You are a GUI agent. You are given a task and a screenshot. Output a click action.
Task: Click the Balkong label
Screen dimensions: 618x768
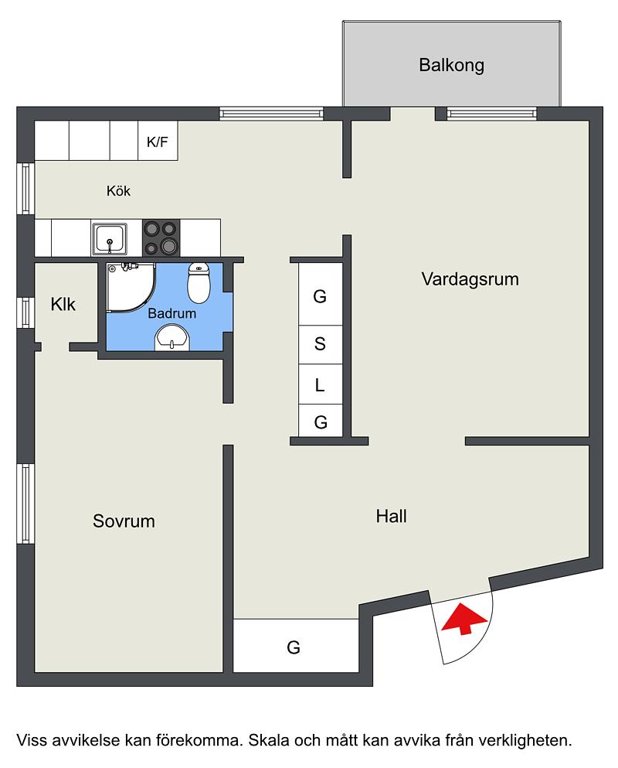(x=451, y=65)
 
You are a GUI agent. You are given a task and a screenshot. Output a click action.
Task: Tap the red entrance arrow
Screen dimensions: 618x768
(x=463, y=619)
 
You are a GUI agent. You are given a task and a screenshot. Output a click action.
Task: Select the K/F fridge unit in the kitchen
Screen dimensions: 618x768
(x=158, y=141)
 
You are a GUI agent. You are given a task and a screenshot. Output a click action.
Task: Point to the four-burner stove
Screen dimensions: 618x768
(x=161, y=237)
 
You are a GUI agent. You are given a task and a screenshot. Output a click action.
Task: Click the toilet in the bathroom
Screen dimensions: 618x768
(x=199, y=282)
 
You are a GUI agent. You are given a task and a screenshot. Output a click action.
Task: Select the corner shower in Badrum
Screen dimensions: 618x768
(x=131, y=287)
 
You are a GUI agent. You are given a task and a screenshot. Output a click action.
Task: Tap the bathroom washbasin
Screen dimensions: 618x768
(x=171, y=338)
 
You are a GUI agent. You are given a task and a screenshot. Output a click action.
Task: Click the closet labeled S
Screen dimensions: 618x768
(x=320, y=344)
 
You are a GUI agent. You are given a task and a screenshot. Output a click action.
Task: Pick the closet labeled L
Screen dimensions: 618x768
(x=320, y=384)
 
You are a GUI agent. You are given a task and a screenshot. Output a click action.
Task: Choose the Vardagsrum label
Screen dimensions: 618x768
(x=470, y=279)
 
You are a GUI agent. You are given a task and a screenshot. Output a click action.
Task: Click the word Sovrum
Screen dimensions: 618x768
(x=124, y=521)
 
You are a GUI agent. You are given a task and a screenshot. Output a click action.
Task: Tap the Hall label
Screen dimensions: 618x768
(x=391, y=516)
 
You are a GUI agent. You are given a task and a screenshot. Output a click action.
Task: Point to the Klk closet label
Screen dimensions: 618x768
(x=63, y=304)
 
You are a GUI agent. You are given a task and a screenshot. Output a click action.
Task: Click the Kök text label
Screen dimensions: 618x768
(x=118, y=190)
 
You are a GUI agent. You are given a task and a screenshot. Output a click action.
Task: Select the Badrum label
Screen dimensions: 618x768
(x=171, y=313)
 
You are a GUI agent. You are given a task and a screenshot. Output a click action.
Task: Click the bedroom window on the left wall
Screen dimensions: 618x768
(x=25, y=503)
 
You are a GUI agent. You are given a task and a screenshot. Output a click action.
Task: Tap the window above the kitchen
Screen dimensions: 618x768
(x=271, y=114)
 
